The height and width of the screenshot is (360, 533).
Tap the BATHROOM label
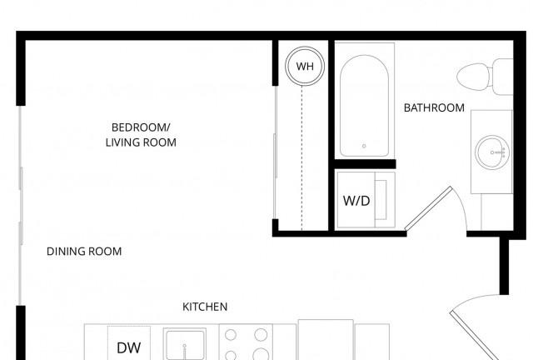click(434, 107)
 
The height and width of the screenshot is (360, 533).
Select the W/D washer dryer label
click(356, 201)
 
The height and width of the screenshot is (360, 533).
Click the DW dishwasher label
click(128, 347)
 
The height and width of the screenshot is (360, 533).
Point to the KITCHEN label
click(205, 307)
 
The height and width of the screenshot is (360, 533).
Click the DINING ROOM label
click(84, 252)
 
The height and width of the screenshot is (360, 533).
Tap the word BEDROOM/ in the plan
click(141, 127)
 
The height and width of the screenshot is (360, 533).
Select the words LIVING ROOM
click(141, 142)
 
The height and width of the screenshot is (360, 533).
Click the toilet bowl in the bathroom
click(473, 77)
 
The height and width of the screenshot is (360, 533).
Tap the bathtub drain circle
click(364, 146)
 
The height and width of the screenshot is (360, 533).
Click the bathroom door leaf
click(429, 208)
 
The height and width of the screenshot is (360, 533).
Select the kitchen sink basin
click(185, 344)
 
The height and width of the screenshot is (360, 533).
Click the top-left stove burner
click(231, 335)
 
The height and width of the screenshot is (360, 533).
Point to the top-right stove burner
click(261, 335)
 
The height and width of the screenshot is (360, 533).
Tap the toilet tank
click(502, 77)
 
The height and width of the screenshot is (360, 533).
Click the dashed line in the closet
click(301, 157)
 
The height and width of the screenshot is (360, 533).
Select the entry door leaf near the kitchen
click(475, 336)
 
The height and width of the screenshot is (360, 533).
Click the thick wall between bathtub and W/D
click(365, 164)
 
